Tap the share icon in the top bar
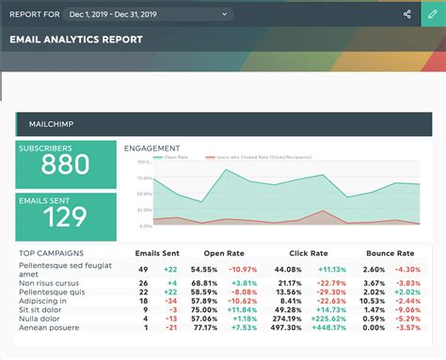(x=406, y=14)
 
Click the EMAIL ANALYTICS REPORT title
(x=76, y=40)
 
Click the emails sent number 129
(x=65, y=216)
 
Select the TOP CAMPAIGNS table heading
(x=51, y=254)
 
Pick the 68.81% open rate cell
(x=205, y=282)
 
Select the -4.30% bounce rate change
(x=407, y=270)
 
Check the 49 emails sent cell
(x=144, y=270)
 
